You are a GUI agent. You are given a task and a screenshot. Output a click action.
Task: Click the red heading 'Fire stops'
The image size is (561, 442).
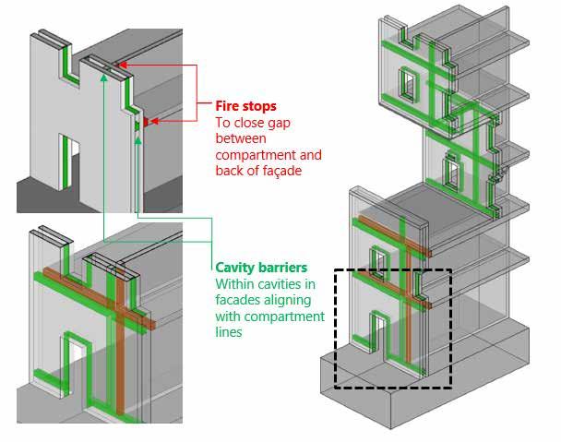[245, 106]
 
